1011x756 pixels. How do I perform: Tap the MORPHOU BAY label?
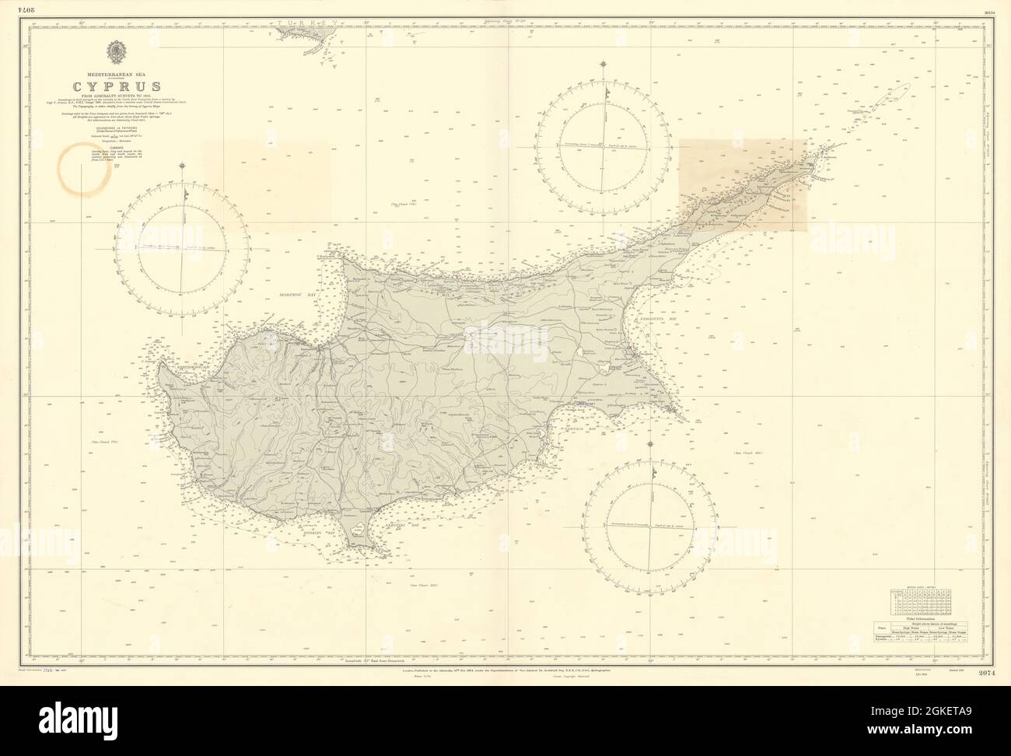pyautogui.click(x=299, y=297)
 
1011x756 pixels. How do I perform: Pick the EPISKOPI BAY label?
pyautogui.click(x=322, y=531)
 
